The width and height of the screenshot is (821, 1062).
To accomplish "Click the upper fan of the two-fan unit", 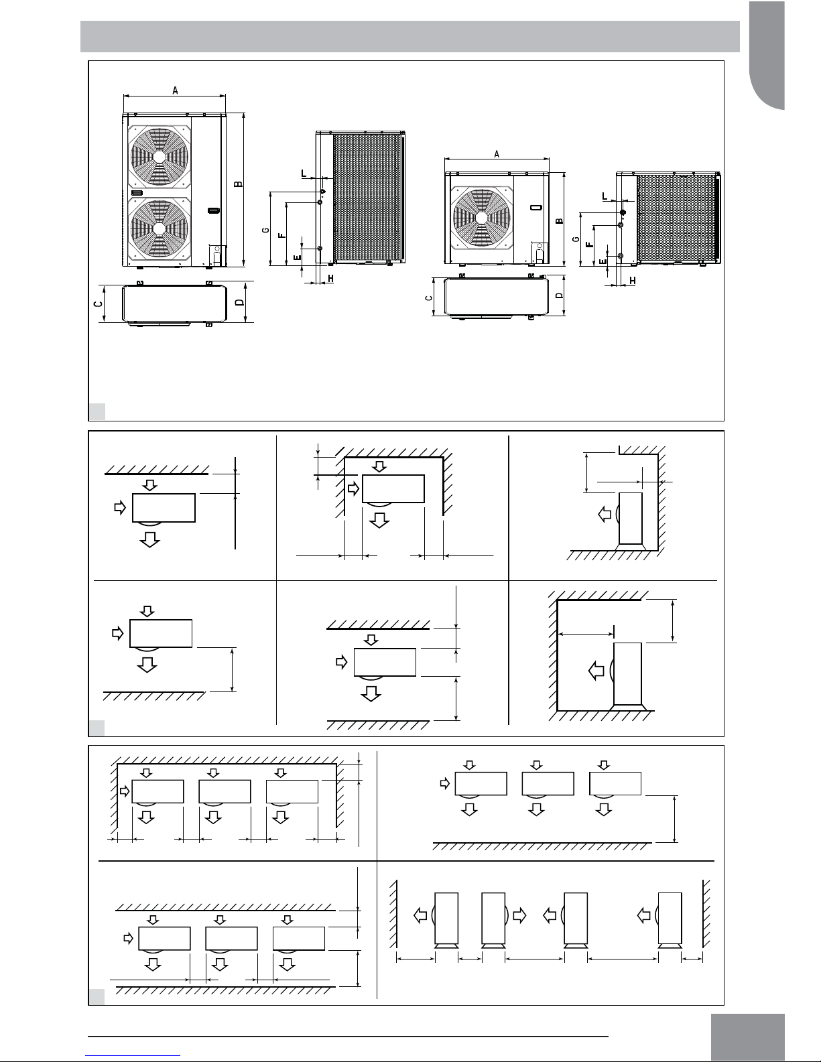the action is [160, 156].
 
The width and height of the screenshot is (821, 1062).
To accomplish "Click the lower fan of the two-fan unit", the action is [160, 228].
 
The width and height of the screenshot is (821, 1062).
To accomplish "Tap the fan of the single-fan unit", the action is [482, 218].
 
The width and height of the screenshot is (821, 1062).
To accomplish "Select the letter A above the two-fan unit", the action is [175, 90].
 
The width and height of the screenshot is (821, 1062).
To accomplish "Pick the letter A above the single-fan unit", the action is [497, 154].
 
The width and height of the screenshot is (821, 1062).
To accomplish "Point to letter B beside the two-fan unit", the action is [238, 184].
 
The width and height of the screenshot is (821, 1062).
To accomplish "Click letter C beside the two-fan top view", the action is [99, 304].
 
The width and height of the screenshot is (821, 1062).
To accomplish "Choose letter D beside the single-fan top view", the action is [560, 295].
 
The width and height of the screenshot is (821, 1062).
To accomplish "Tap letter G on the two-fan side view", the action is [266, 230].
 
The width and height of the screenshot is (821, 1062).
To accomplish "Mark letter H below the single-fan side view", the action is [633, 281].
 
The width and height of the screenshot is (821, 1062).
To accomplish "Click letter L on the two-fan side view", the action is [304, 174].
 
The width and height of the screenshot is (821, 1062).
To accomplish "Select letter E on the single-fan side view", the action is [604, 261].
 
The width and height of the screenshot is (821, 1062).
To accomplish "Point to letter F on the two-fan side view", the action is [281, 235].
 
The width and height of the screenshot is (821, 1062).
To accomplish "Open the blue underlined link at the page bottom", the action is [133, 1056].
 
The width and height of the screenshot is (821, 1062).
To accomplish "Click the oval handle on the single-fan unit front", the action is [536, 207].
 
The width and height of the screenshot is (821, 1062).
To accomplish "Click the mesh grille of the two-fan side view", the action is [367, 198].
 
